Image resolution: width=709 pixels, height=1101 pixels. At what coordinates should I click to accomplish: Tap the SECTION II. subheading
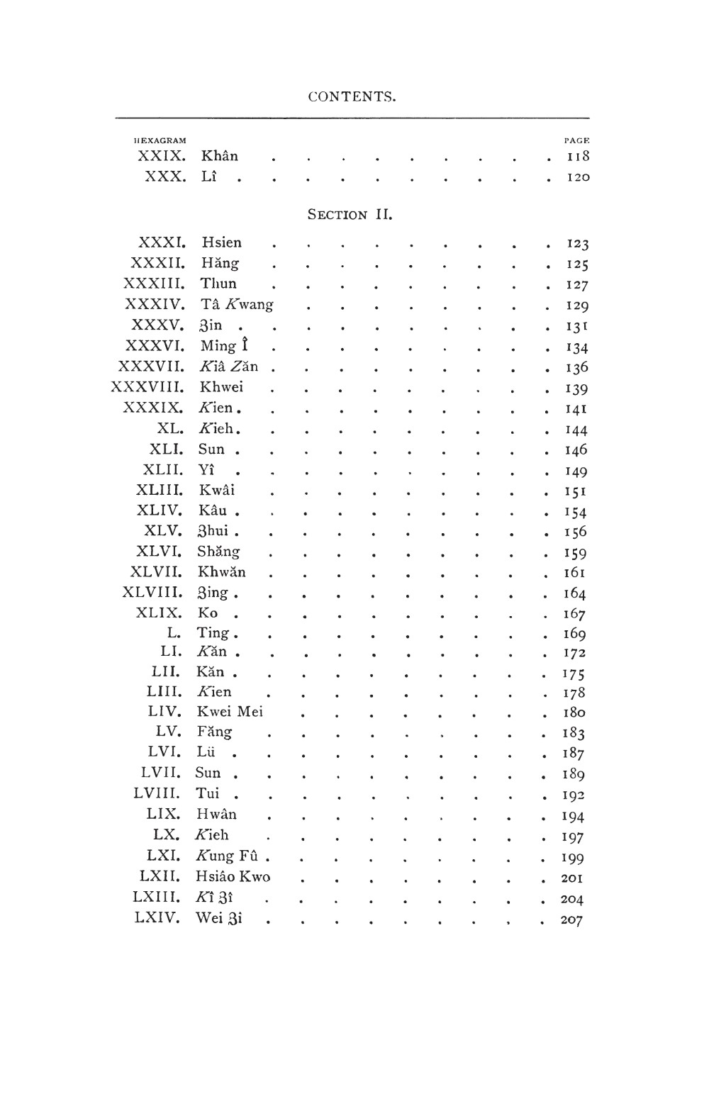click(x=350, y=214)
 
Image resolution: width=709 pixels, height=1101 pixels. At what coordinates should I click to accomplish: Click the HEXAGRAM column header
click(x=160, y=140)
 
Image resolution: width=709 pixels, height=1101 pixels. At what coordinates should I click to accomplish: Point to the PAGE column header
click(x=576, y=140)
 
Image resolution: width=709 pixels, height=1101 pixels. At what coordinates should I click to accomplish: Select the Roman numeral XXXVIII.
click(x=147, y=387)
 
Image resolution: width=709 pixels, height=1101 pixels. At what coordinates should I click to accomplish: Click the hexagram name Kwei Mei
click(x=230, y=711)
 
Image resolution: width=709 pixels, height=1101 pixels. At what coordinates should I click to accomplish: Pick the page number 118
click(x=578, y=157)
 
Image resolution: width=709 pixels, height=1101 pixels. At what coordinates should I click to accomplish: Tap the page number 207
click(x=571, y=920)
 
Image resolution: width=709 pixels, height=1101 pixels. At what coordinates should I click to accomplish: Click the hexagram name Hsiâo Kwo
click(x=233, y=876)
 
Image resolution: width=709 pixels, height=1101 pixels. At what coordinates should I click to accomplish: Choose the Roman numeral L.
click(x=174, y=632)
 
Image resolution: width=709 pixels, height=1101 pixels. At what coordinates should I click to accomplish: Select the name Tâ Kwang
click(x=237, y=304)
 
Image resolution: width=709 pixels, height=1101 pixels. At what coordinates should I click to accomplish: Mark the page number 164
click(x=574, y=593)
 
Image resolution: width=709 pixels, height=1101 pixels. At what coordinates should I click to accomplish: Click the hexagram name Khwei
click(x=221, y=387)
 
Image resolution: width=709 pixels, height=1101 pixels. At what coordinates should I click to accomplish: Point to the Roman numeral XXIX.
click(x=162, y=156)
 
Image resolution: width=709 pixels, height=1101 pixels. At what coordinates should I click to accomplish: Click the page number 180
click(x=574, y=712)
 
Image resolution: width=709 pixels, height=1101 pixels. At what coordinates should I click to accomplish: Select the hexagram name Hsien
click(x=221, y=242)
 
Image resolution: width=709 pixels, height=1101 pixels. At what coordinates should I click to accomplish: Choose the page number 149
click(x=576, y=471)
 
